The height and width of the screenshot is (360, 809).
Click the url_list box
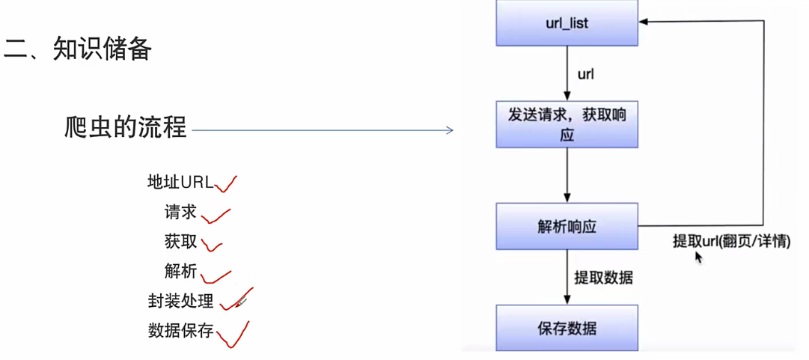click(x=567, y=23)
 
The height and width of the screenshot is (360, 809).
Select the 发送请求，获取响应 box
click(x=567, y=124)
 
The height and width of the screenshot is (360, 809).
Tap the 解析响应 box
click(x=567, y=226)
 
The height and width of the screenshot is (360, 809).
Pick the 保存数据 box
click(x=567, y=328)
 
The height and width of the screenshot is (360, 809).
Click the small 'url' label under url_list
click(x=587, y=75)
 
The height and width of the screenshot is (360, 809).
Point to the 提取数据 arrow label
click(x=603, y=278)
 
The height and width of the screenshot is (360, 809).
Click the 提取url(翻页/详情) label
click(x=730, y=242)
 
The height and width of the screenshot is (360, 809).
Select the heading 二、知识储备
click(x=78, y=49)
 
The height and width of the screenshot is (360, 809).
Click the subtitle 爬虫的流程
click(x=125, y=127)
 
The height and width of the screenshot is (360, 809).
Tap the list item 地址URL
click(x=180, y=182)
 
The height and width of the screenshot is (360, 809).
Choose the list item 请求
click(x=180, y=212)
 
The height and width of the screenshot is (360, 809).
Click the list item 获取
click(x=180, y=241)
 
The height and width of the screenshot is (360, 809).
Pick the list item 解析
click(x=180, y=271)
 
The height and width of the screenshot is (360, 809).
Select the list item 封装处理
click(x=180, y=301)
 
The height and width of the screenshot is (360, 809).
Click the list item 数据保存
click(x=180, y=331)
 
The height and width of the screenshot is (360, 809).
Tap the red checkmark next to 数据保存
click(x=233, y=335)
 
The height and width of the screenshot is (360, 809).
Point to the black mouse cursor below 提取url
click(x=699, y=257)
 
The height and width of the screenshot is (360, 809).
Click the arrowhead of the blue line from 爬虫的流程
click(x=450, y=131)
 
